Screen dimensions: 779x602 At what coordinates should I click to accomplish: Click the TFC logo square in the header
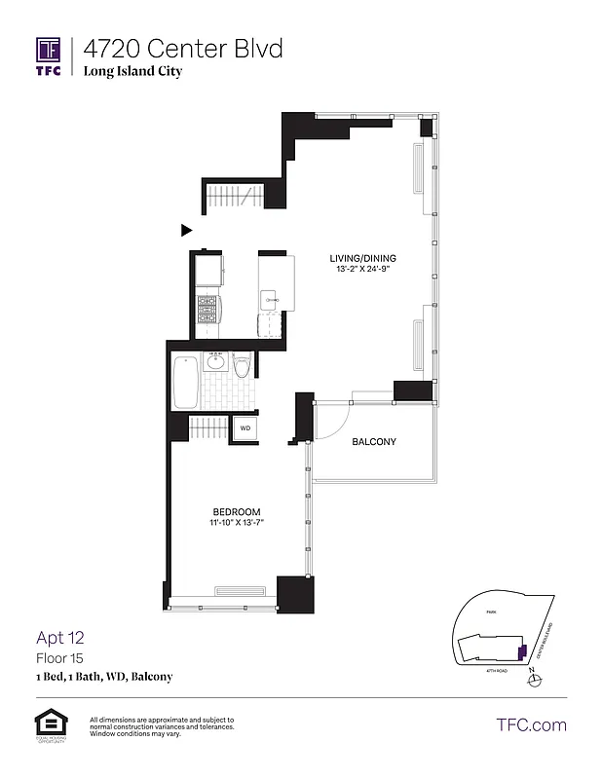(x=49, y=50)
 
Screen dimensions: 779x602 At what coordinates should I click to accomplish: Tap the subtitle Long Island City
(x=132, y=71)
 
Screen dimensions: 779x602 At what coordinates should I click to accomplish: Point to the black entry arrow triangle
(x=186, y=231)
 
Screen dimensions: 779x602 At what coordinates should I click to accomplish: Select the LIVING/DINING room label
(x=362, y=258)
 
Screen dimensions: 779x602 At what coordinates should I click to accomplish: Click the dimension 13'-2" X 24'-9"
(x=362, y=270)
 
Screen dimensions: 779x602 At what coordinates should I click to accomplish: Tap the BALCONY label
(x=374, y=442)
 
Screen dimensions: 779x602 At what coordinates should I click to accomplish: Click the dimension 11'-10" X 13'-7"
(x=237, y=523)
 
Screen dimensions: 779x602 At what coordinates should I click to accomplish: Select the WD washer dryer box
(x=245, y=428)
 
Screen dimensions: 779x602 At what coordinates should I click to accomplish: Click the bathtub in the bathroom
(x=185, y=384)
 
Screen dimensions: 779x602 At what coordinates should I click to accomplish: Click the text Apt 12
(x=60, y=639)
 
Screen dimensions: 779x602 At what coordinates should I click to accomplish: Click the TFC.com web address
(x=531, y=724)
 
